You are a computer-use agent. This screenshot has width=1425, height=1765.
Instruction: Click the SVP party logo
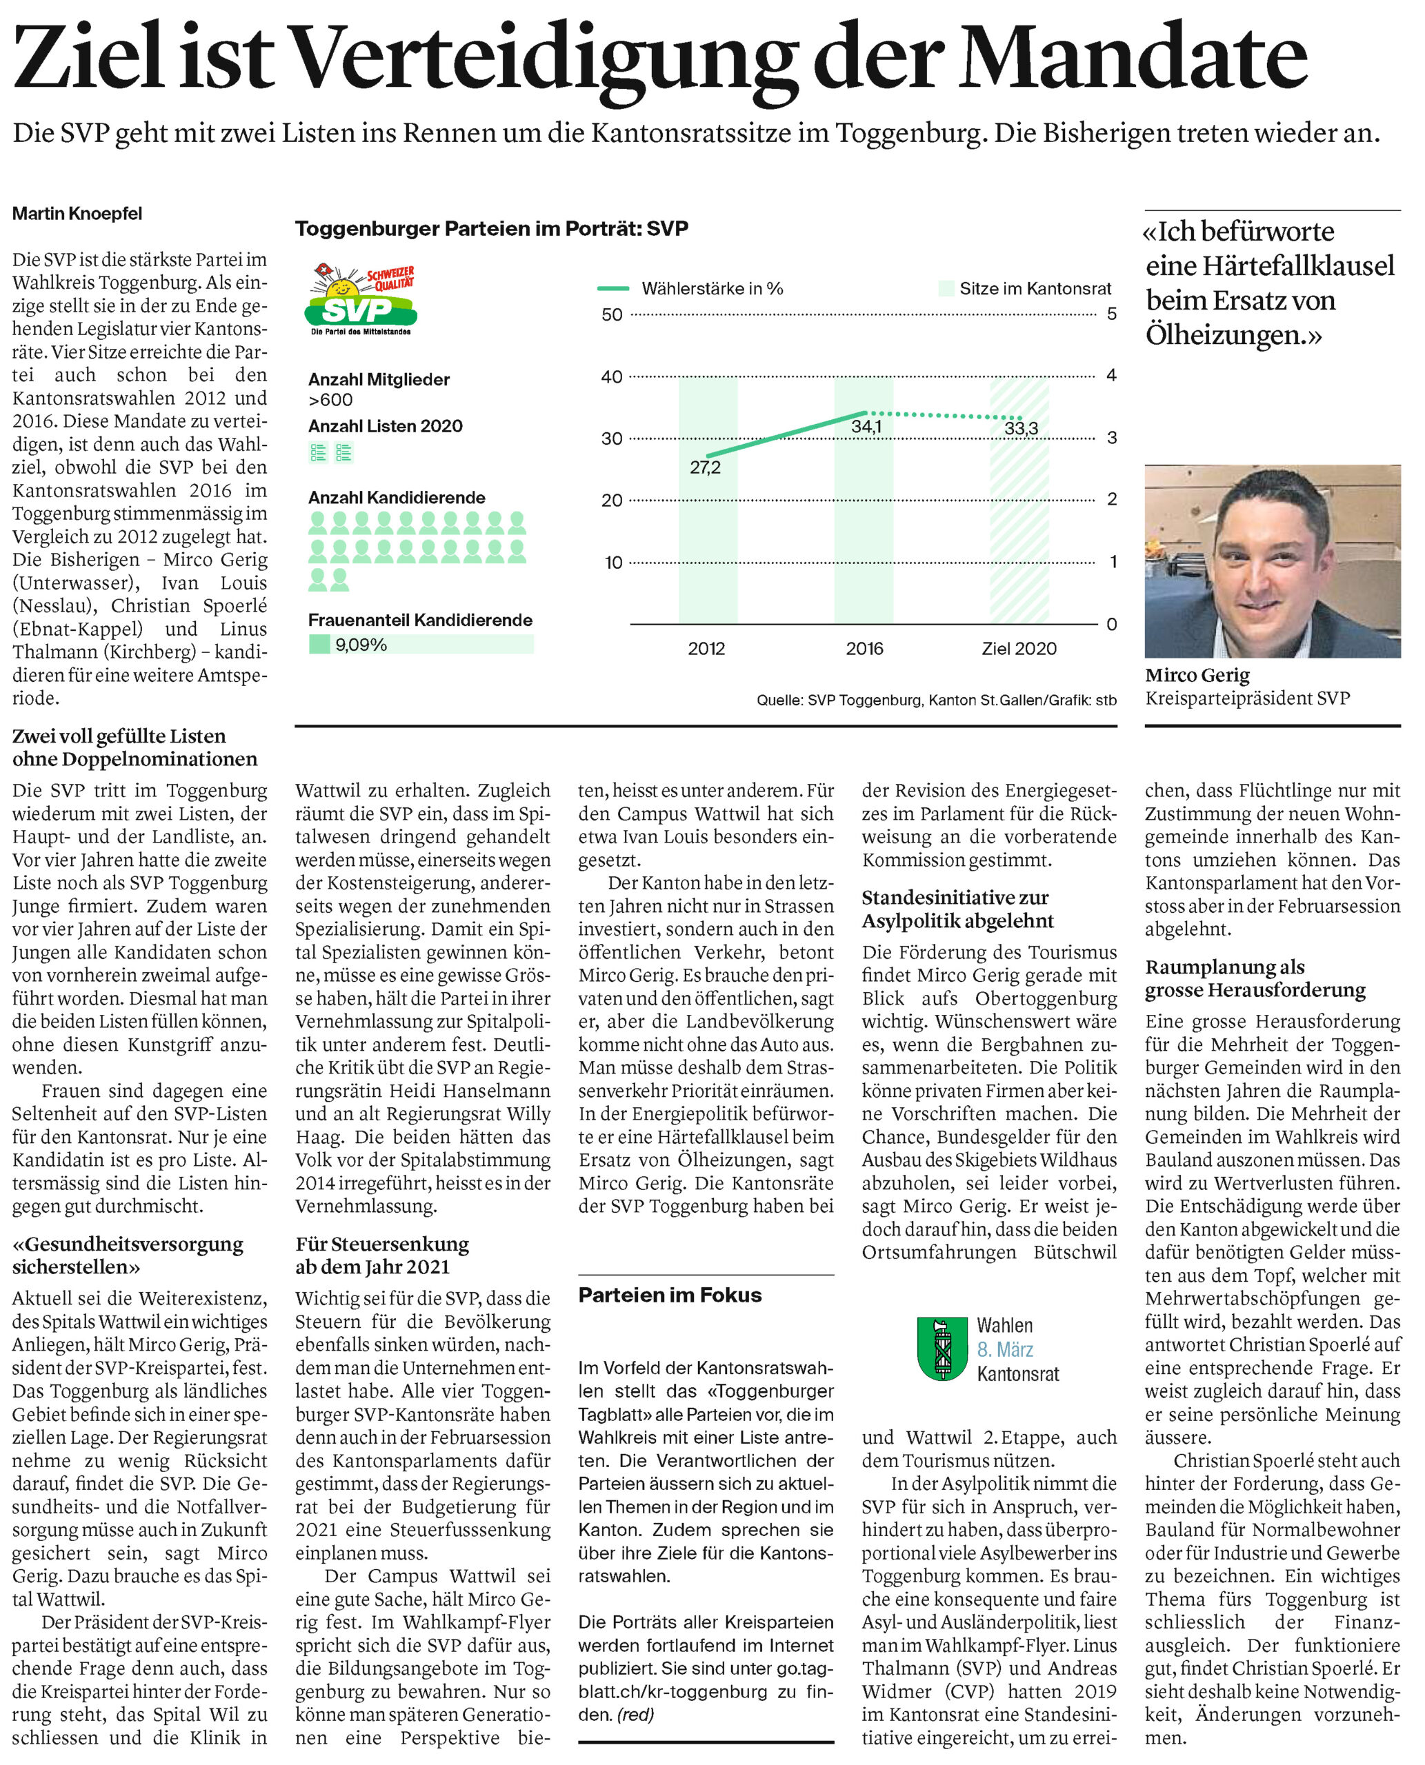coord(361,299)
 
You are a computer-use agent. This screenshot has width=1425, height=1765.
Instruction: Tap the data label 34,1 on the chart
coord(866,426)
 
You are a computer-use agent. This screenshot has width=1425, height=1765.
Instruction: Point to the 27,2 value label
coord(705,467)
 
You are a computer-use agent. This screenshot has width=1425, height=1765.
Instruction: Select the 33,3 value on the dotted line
coord(1021,428)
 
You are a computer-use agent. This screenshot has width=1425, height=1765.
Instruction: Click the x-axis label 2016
coord(864,648)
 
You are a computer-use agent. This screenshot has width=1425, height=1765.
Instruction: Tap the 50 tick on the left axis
coord(612,314)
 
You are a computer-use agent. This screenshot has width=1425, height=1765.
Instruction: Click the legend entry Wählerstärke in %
coord(712,289)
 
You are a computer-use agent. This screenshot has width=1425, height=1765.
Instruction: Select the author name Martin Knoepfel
coord(77,213)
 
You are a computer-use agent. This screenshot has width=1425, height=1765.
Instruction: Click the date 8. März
coord(1005,1350)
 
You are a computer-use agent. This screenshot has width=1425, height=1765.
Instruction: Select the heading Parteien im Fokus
coord(670,1295)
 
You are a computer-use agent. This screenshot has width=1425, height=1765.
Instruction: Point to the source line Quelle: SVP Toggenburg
coord(936,700)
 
